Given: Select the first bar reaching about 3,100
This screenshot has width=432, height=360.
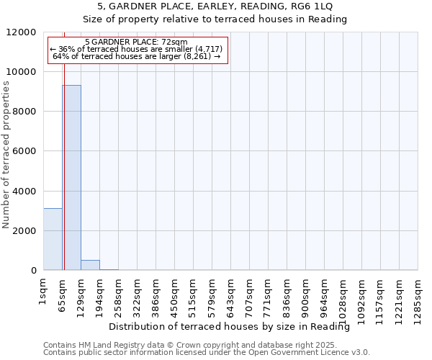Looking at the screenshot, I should [x=53, y=239].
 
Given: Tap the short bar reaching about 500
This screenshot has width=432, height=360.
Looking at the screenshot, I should [x=90, y=265].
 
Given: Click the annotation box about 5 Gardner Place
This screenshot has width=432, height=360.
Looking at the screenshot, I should [x=138, y=50].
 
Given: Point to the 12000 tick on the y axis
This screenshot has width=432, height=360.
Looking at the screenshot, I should [x=22, y=32].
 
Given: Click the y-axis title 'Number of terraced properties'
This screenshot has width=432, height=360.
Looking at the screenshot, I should [x=7, y=155].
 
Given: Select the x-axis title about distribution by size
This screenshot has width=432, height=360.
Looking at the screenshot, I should [x=234, y=327].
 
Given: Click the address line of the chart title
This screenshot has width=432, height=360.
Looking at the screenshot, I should [x=215, y=6].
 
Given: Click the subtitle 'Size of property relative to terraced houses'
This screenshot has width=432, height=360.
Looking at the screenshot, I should [x=215, y=19].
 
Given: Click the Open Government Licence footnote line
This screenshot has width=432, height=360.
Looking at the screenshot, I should [x=207, y=353].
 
